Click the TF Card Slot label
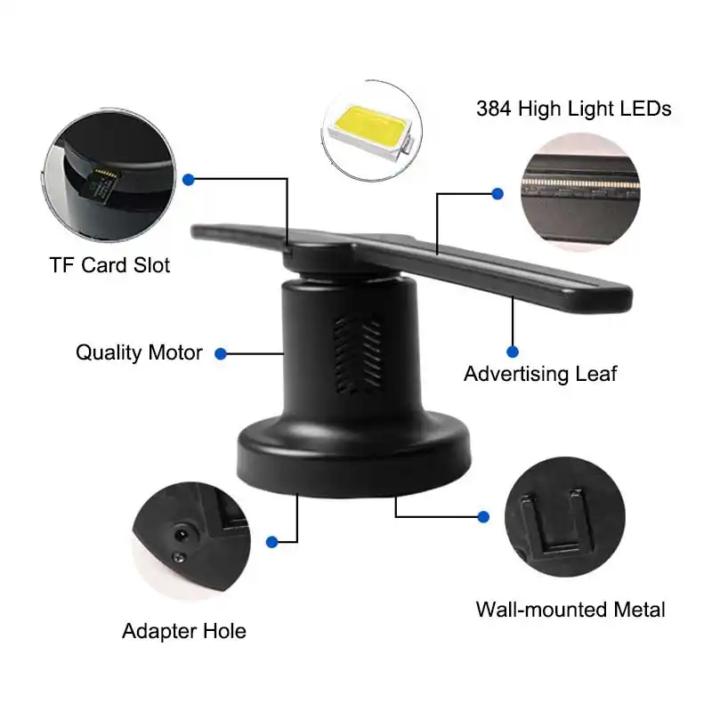[x=109, y=265]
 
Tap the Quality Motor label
[x=139, y=352]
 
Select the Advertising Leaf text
[x=540, y=373]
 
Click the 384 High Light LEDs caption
[x=573, y=109]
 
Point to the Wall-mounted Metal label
[x=570, y=610]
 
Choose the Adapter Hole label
[x=184, y=632]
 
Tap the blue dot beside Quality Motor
[x=222, y=353]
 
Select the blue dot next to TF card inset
[x=189, y=179]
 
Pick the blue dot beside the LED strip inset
[x=498, y=192]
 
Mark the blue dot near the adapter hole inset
[x=271, y=540]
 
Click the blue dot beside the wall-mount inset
[x=484, y=516]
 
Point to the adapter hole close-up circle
[x=190, y=531]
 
